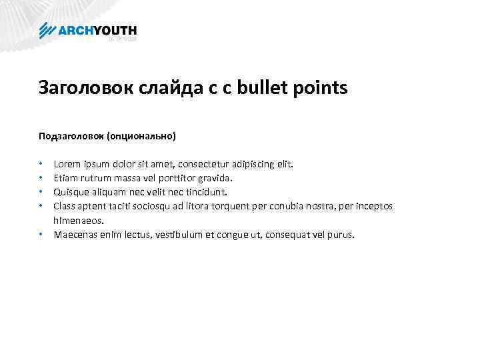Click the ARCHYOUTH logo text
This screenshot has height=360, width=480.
tap(97, 30)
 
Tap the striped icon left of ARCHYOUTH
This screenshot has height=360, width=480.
tap(48, 31)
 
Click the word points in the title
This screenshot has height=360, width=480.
tap(319, 88)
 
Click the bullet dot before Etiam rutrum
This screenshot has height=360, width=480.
tap(41, 178)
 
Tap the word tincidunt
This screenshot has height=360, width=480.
tap(206, 192)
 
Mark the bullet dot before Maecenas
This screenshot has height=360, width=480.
tap(41, 235)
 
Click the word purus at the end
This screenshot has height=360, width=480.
tap(342, 235)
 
